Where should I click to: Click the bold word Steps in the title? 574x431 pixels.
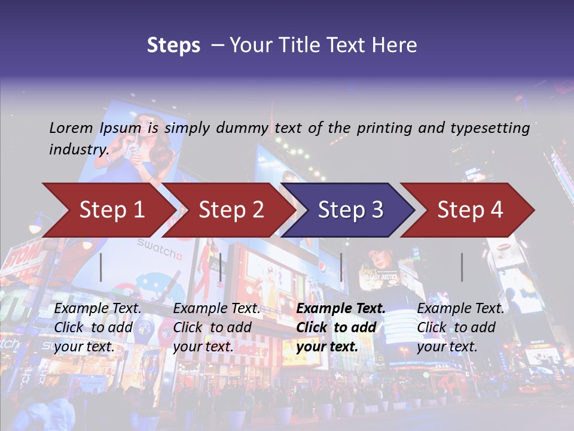tap(173, 45)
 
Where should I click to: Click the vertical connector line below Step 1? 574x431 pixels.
tap(101, 267)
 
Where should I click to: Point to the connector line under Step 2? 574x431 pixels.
tap(221, 267)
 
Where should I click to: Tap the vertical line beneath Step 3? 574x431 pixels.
tap(341, 267)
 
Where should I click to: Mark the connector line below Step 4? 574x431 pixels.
tap(462, 267)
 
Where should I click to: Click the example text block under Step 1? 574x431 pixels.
tap(97, 327)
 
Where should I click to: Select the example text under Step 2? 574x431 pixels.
tap(216, 327)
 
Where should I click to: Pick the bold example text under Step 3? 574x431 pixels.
tap(340, 327)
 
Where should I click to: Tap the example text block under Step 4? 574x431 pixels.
tap(460, 327)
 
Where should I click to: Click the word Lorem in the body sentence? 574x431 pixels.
tap(71, 128)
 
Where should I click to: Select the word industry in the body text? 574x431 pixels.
tap(78, 150)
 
